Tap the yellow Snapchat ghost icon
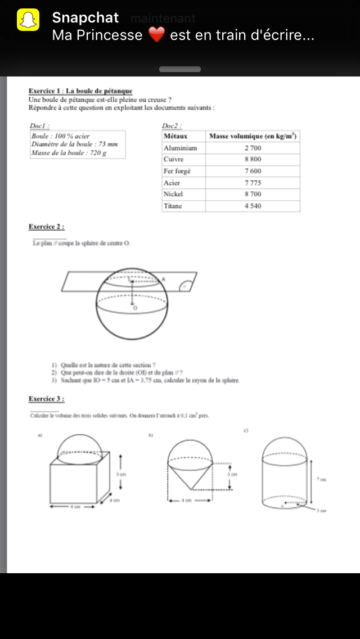tap(28, 21)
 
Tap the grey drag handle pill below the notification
tap(180, 69)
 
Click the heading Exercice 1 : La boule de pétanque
tap(80, 91)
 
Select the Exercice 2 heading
tap(46, 227)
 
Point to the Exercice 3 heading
tap(46, 399)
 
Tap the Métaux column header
tap(175, 136)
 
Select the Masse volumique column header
tap(253, 136)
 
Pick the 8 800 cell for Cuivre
tap(253, 159)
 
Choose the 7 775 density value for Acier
tap(253, 183)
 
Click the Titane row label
tap(173, 206)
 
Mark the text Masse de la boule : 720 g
tap(69, 152)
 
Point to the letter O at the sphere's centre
tap(134, 308)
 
